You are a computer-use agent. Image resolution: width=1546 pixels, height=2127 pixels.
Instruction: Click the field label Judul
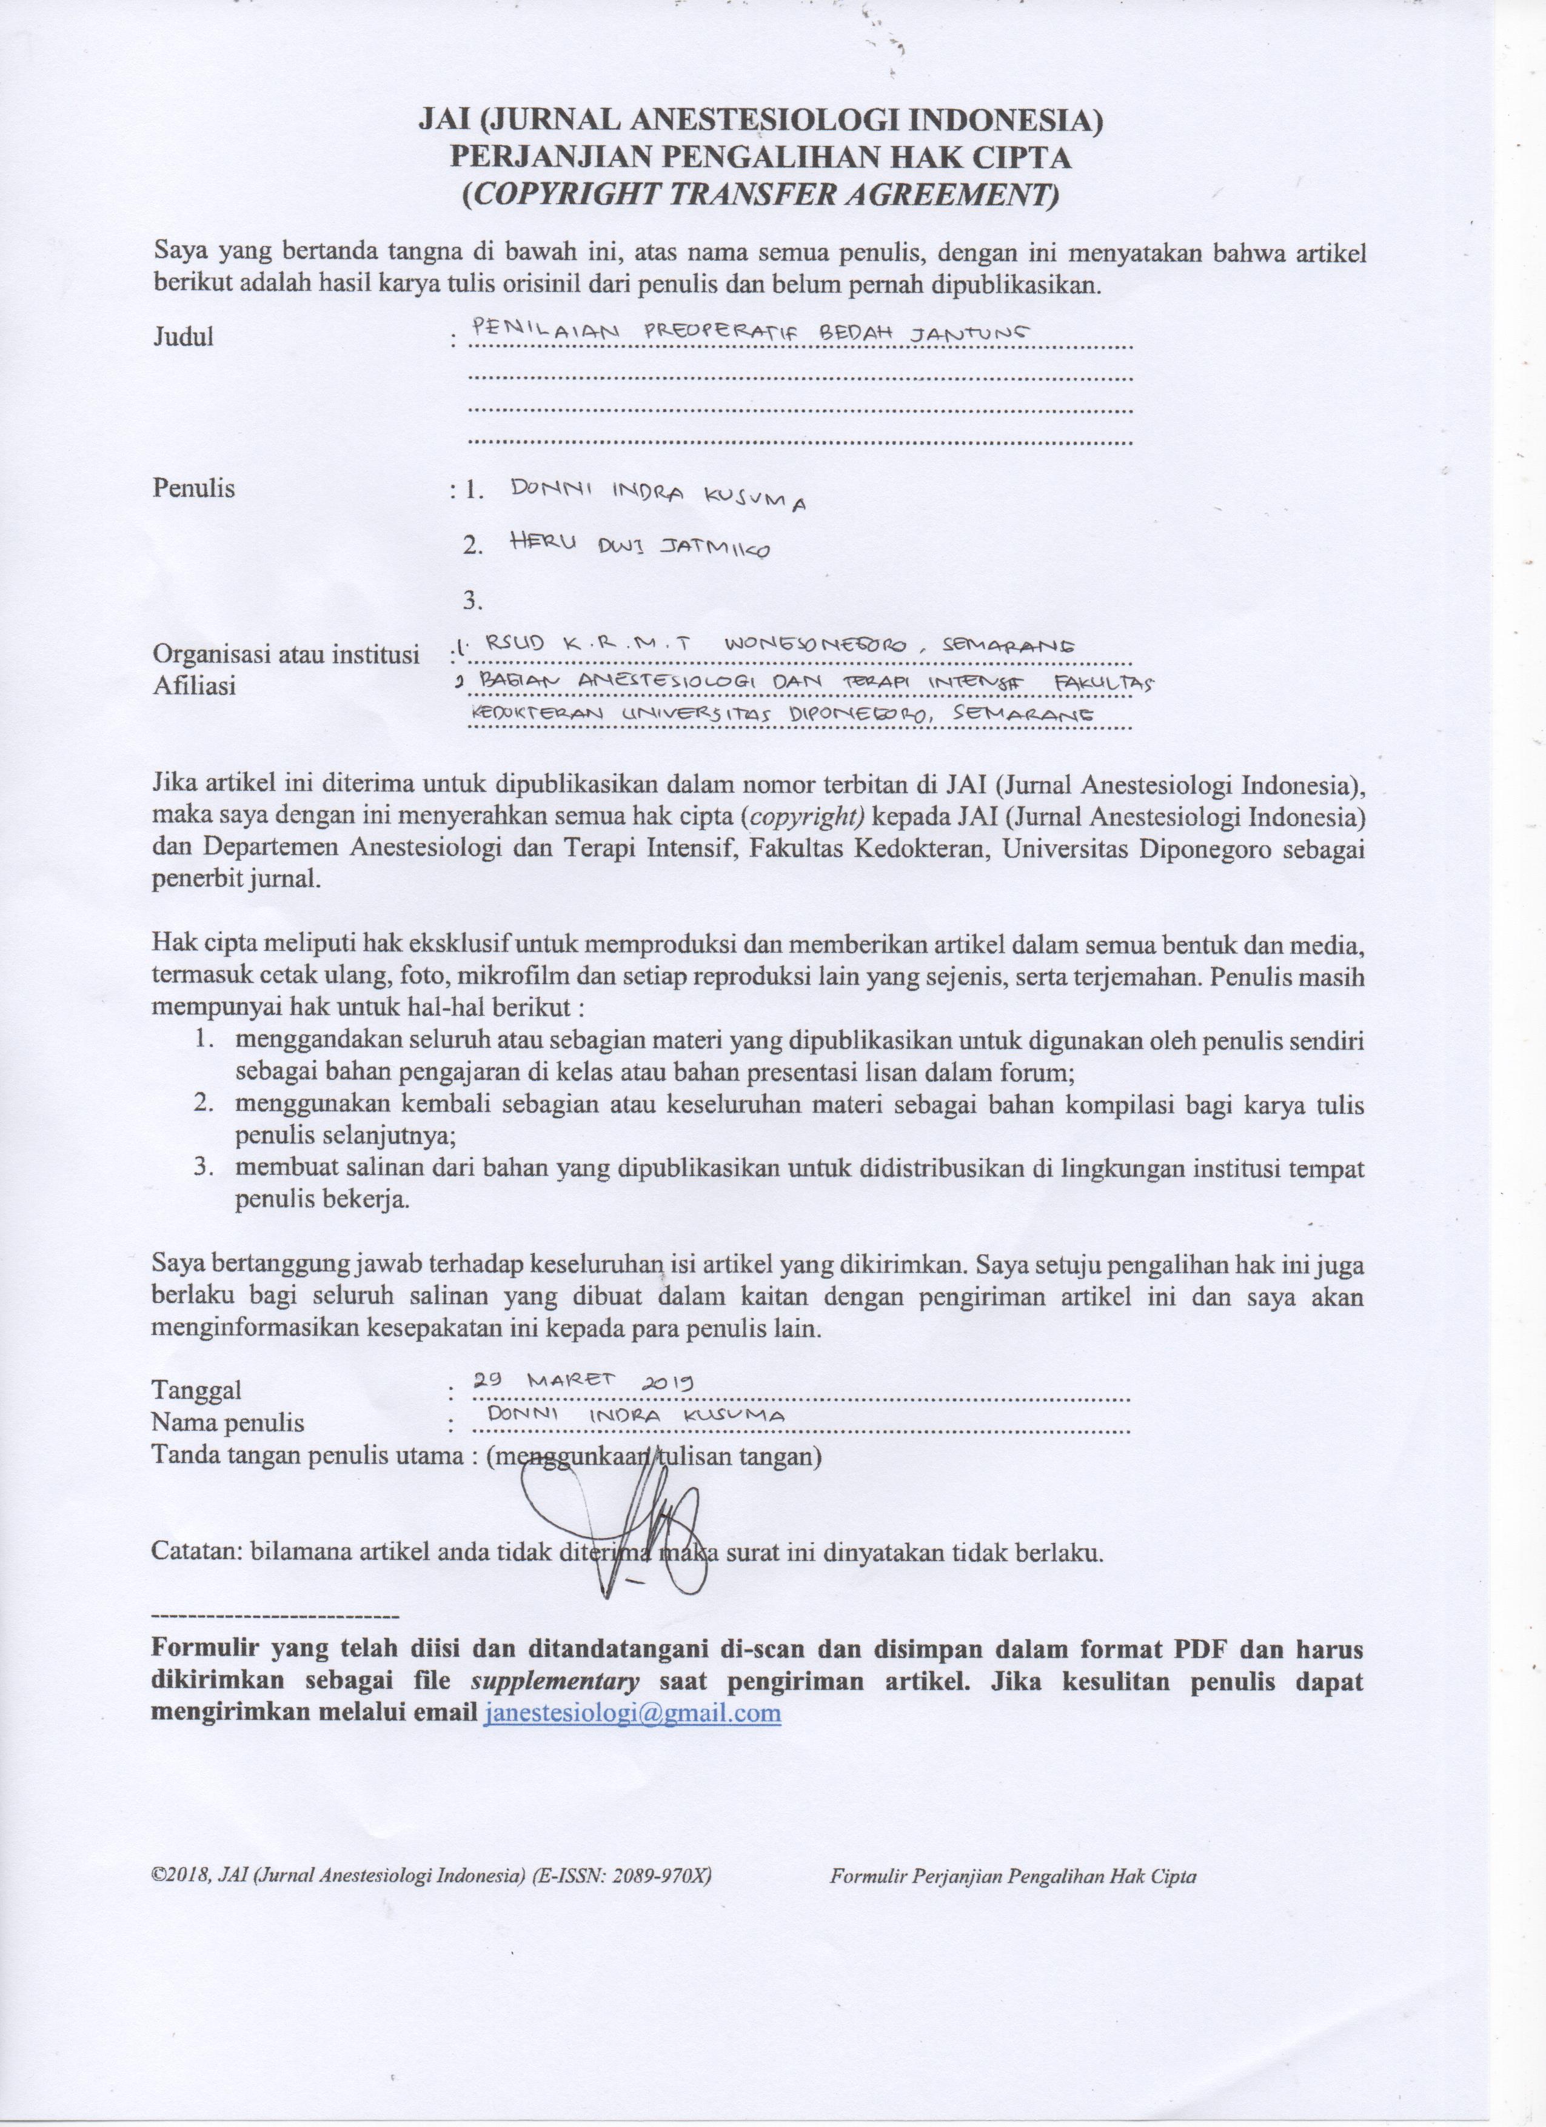coord(184,338)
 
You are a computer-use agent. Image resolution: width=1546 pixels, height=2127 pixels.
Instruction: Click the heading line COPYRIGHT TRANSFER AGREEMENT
coord(760,194)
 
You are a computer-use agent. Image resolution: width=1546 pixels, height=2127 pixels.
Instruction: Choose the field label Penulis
coord(194,488)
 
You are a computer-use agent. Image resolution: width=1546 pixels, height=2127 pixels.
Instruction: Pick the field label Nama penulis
coord(228,1423)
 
